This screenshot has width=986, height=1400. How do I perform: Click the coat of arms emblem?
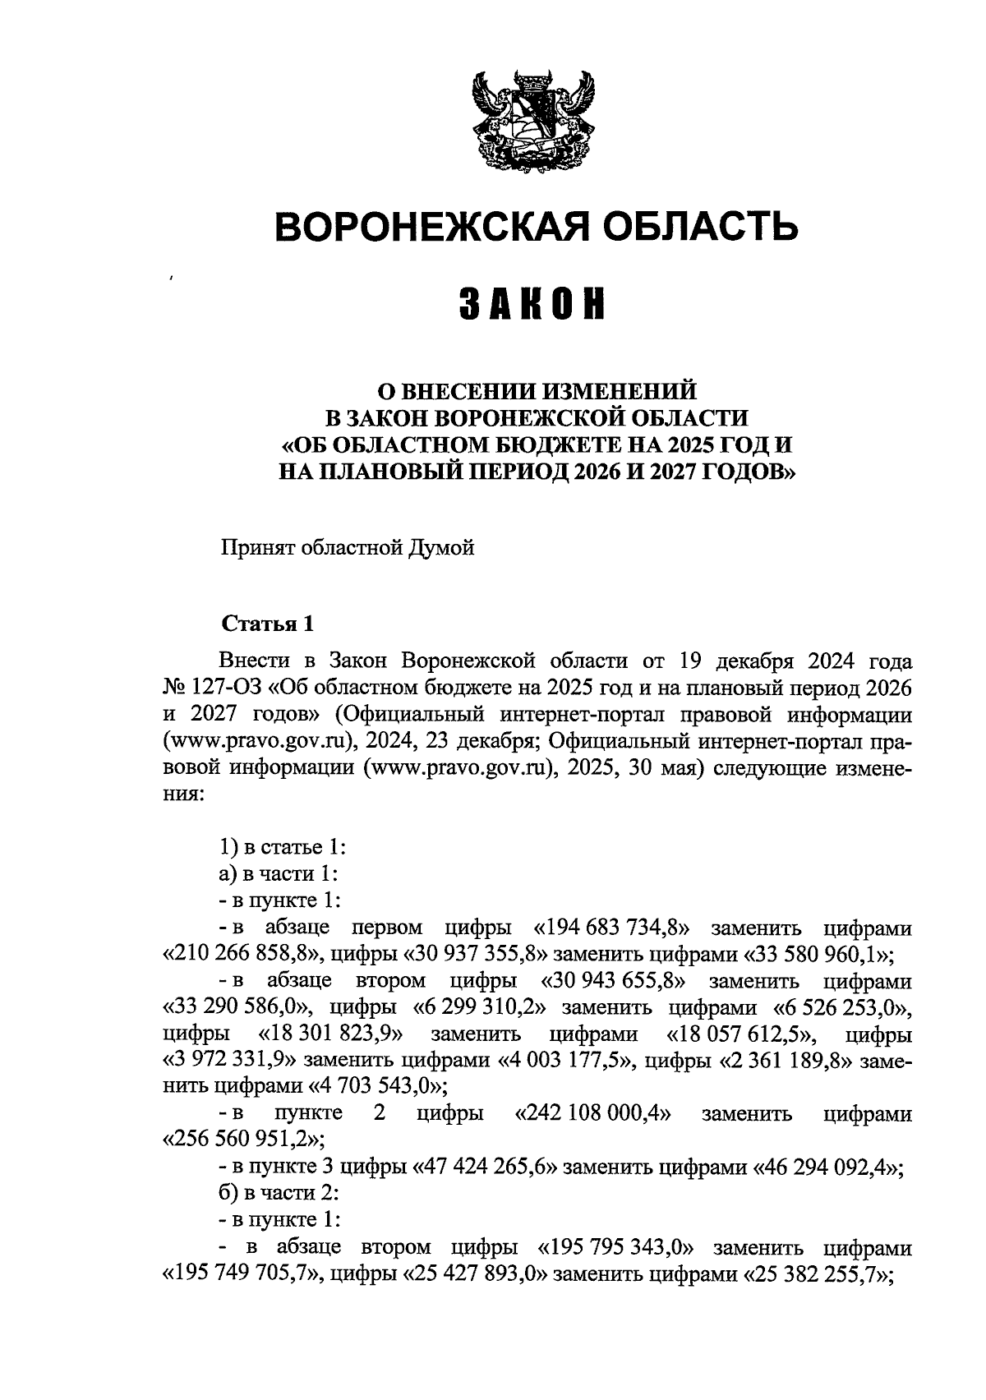(532, 121)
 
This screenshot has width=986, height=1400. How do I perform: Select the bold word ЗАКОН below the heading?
(532, 304)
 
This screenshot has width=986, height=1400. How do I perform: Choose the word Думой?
(441, 548)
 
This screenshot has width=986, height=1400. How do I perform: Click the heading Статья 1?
(267, 624)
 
